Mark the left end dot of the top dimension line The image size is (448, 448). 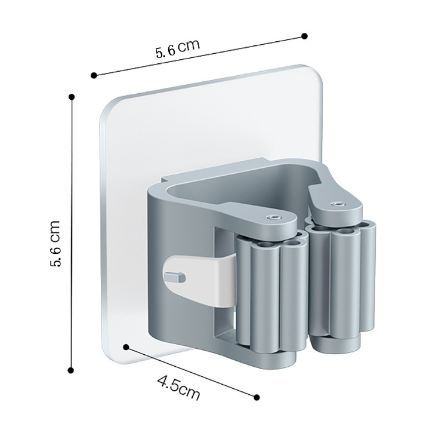click(94, 75)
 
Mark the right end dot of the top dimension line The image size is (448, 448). click(304, 36)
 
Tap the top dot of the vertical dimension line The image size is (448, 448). click(72, 96)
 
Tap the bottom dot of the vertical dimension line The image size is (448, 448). click(71, 371)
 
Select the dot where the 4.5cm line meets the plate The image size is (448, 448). click(126, 346)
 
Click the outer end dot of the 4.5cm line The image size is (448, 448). click(257, 397)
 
